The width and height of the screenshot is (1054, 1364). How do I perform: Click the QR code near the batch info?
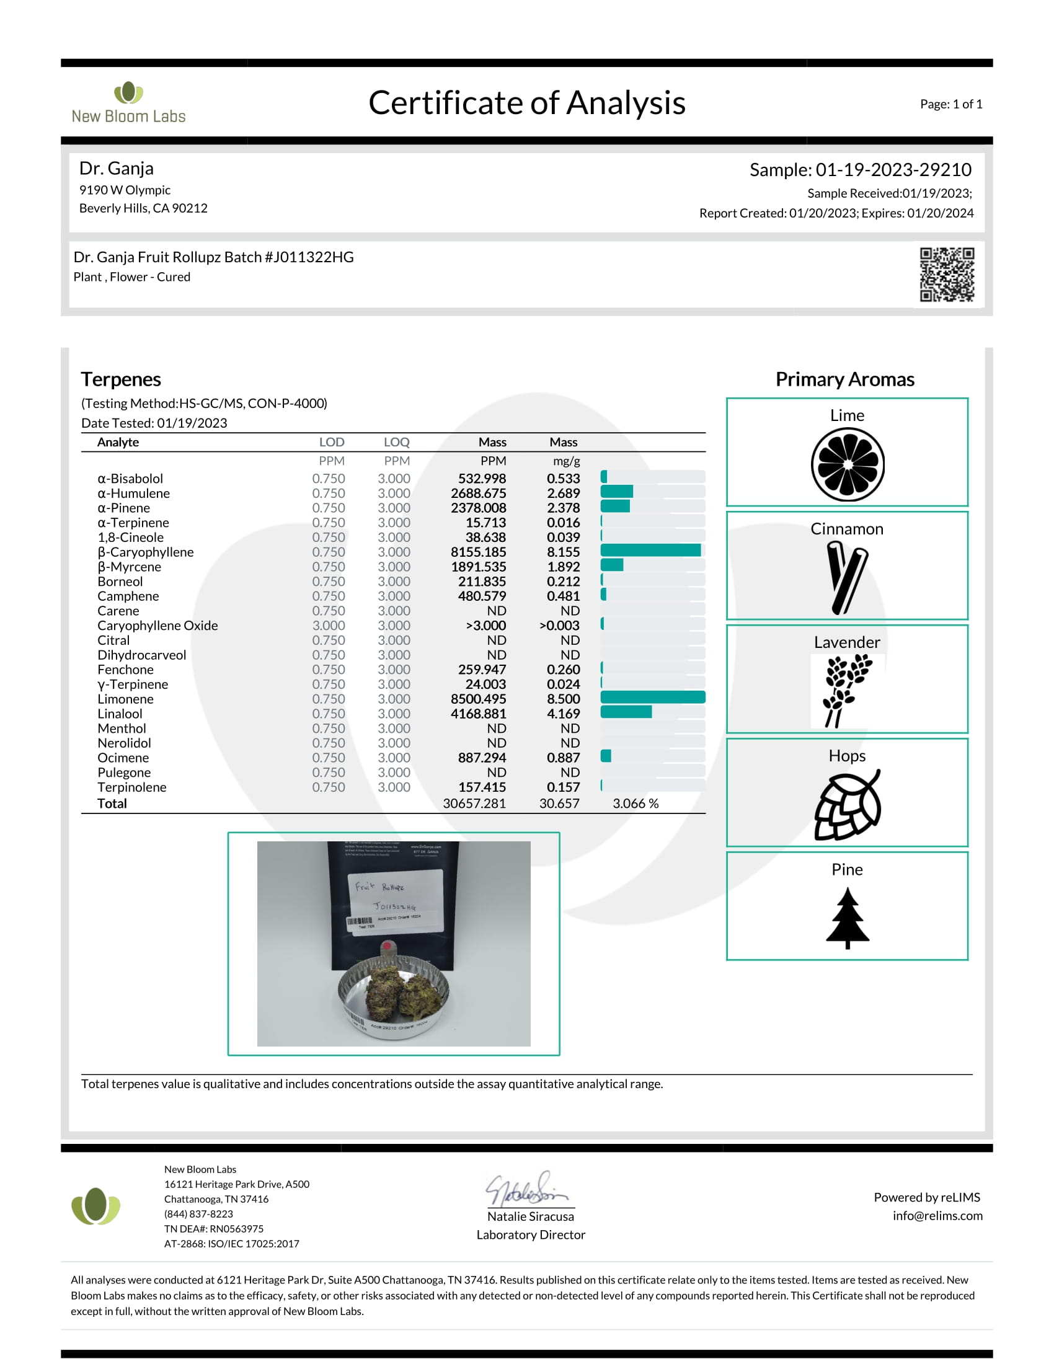pyautogui.click(x=946, y=274)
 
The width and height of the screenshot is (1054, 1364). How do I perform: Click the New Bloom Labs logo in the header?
pyautogui.click(x=128, y=103)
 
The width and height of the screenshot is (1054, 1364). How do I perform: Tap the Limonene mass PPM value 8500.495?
pyautogui.click(x=478, y=699)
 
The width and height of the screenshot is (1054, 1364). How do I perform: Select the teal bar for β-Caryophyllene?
pyautogui.click(x=650, y=550)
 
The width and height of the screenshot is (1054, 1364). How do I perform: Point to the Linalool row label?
pyautogui.click(x=120, y=714)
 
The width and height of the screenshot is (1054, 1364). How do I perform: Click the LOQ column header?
pyautogui.click(x=396, y=442)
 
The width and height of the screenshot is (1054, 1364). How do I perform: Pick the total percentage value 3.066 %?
pyautogui.click(x=635, y=804)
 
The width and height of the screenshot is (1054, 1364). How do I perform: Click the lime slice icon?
pyautogui.click(x=848, y=464)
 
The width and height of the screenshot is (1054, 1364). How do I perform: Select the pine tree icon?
pyautogui.click(x=848, y=918)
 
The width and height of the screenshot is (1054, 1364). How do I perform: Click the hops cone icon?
pyautogui.click(x=848, y=805)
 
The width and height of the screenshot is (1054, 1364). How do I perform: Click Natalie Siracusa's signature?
pyautogui.click(x=528, y=1189)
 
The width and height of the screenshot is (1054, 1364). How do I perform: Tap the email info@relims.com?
pyautogui.click(x=937, y=1216)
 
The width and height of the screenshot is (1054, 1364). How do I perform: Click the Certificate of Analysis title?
pyautogui.click(x=526, y=103)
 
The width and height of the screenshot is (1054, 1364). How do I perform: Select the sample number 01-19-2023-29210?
pyautogui.click(x=893, y=170)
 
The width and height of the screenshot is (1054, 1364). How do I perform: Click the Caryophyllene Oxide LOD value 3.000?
pyautogui.click(x=329, y=626)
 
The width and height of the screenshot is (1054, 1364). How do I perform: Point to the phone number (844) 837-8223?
pyautogui.click(x=198, y=1214)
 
